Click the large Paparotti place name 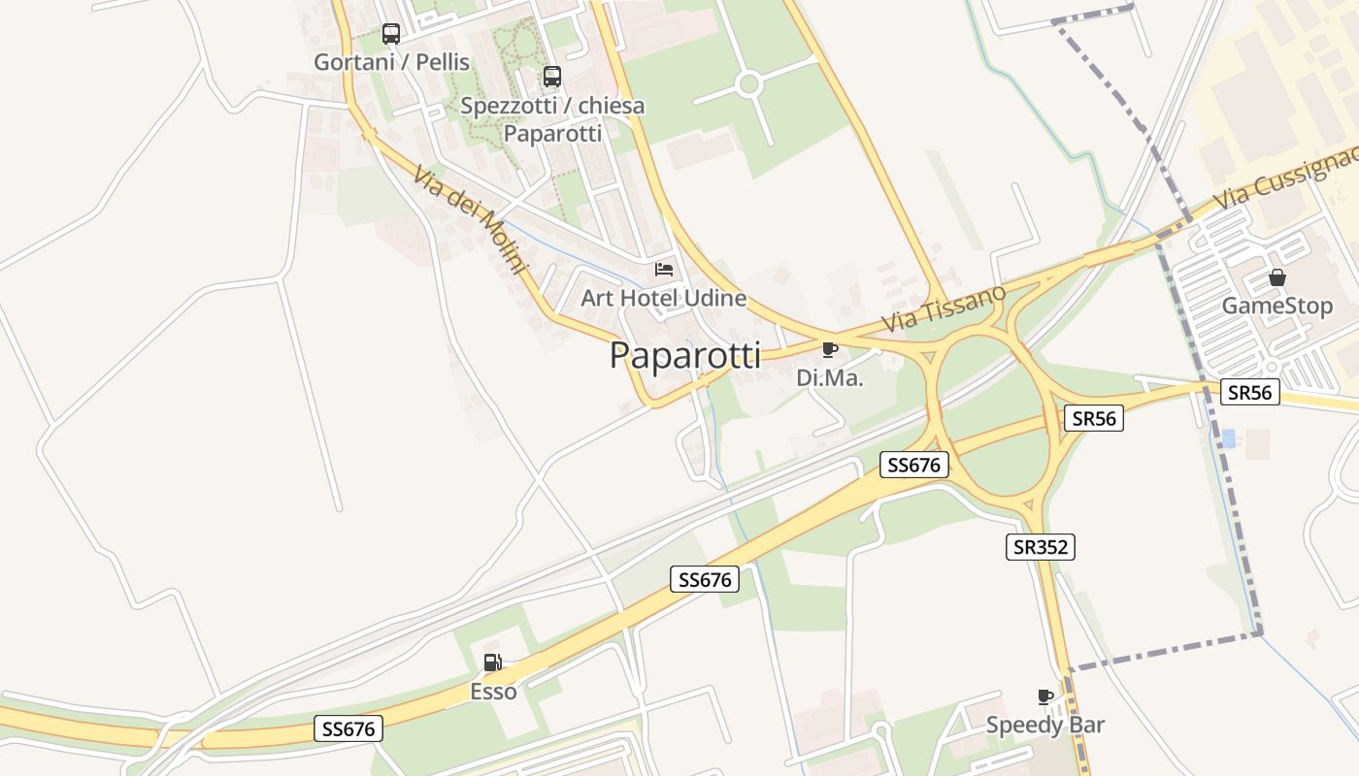[685, 356]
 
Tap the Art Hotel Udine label [663, 298]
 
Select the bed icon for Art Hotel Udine [664, 269]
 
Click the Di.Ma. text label [829, 378]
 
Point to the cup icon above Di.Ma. [829, 349]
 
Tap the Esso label [493, 692]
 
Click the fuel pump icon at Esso [493, 663]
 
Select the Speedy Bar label [1044, 725]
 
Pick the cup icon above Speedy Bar [1045, 696]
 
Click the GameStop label [1276, 307]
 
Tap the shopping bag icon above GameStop [1277, 277]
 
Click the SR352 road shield [1040, 547]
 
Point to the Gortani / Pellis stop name [391, 62]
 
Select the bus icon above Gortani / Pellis [391, 34]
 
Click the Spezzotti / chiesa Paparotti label [552, 119]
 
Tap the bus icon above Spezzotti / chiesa [552, 76]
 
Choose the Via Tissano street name [944, 308]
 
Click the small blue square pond [1228, 437]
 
